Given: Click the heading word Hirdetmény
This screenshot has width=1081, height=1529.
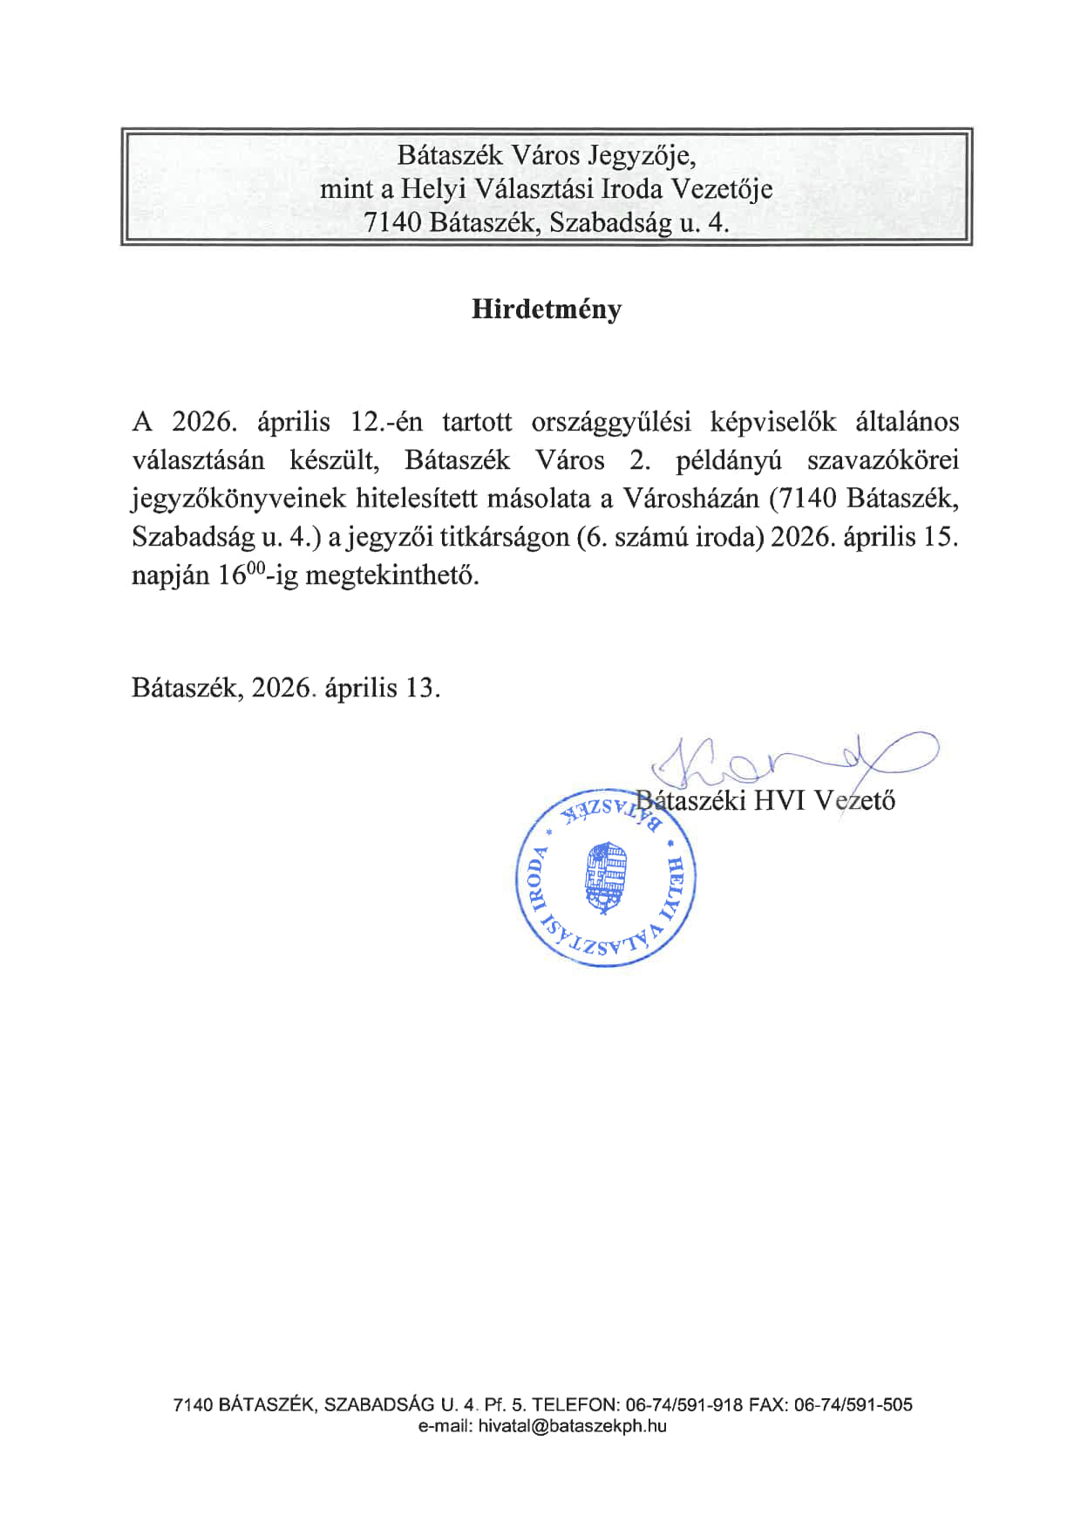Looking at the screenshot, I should tap(547, 309).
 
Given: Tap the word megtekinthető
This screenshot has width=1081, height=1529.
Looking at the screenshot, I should tap(391, 576).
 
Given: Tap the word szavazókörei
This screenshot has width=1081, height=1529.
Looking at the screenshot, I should tap(882, 460).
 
